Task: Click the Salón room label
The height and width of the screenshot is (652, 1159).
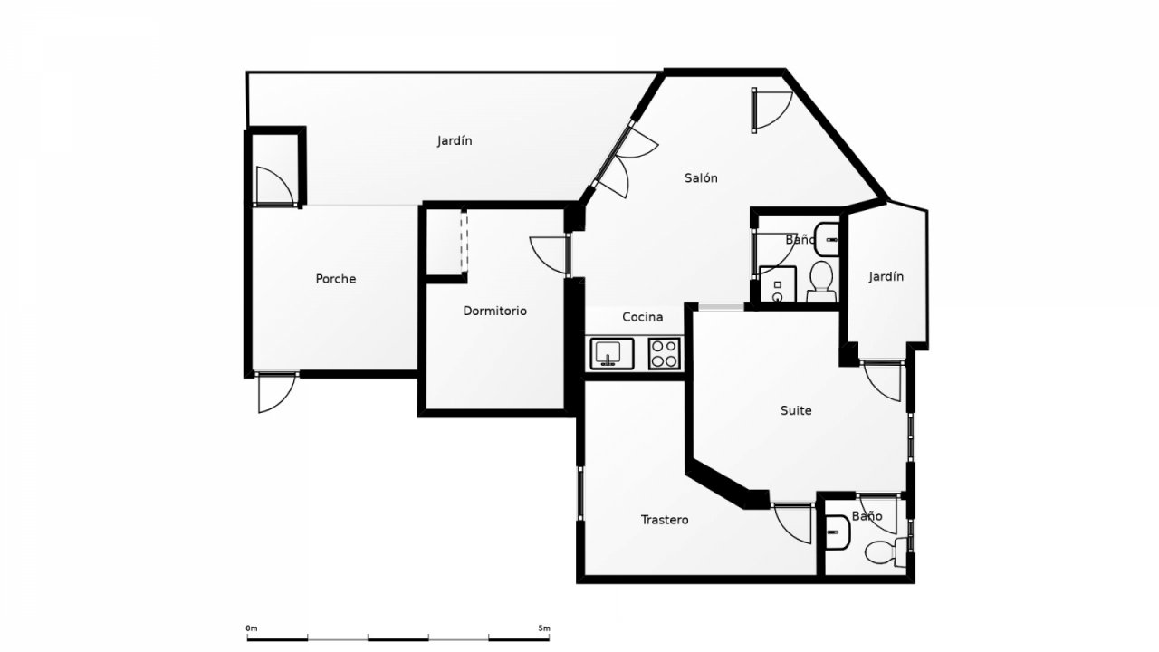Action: click(701, 178)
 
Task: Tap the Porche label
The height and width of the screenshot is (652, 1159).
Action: click(336, 279)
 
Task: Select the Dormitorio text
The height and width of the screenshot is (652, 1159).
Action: click(494, 311)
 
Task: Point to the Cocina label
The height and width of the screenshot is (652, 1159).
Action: click(643, 317)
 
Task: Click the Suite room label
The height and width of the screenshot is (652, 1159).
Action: click(796, 410)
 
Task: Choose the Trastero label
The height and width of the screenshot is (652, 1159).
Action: click(665, 520)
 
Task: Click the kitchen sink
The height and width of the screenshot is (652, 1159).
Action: click(612, 353)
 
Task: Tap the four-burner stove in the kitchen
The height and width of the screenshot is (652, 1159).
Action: click(665, 353)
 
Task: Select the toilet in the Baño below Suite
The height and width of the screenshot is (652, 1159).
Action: click(886, 552)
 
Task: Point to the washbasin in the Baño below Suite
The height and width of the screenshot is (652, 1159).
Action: click(838, 532)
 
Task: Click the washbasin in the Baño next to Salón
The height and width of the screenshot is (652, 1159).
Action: click(827, 240)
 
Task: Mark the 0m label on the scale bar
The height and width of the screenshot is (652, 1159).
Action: click(252, 628)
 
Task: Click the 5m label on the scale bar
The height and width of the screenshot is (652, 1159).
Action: click(544, 628)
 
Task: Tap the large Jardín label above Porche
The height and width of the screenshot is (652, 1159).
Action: click(455, 140)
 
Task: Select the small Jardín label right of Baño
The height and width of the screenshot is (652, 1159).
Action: click(886, 277)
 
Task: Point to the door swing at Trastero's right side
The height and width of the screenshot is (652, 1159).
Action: click(792, 523)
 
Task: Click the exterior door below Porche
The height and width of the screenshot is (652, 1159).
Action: click(277, 393)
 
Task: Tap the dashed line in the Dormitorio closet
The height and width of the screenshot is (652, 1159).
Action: click(465, 241)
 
